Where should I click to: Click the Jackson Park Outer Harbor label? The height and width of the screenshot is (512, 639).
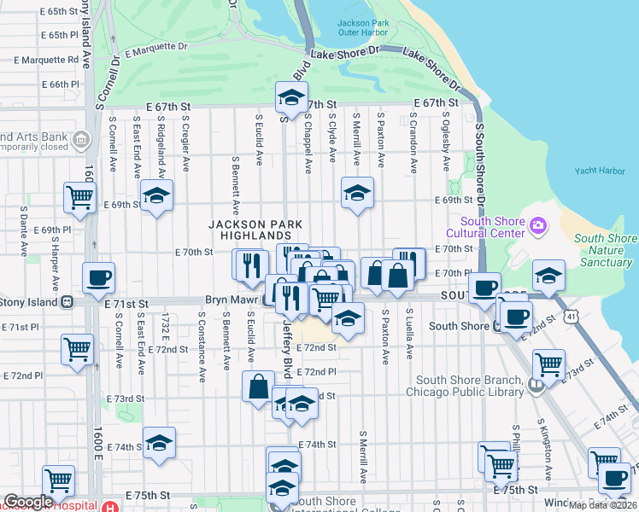[365, 28]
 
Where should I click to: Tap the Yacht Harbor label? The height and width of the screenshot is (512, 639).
[600, 171]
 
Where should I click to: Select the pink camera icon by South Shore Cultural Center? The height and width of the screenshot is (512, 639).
[538, 225]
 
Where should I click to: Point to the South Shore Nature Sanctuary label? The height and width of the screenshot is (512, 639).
[606, 251]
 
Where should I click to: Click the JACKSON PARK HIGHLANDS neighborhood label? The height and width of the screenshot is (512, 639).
[256, 230]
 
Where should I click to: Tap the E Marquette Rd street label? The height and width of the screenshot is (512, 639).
[48, 60]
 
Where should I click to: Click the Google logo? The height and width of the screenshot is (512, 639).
[28, 502]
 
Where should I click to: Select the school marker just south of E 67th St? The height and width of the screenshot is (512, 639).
[291, 97]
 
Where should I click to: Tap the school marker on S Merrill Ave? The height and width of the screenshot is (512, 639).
[358, 193]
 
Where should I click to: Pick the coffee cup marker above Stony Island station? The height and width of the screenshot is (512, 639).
[99, 276]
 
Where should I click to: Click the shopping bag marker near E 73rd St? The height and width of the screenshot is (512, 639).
[258, 387]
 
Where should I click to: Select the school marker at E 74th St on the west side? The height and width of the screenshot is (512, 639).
[159, 443]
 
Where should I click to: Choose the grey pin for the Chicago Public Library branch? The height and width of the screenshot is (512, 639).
[536, 384]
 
